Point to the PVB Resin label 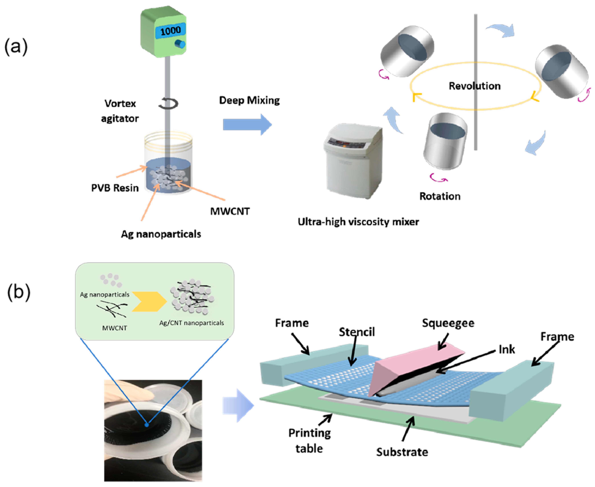point(115,188)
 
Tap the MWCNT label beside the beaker point(230,211)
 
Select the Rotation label point(440,196)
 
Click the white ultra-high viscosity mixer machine point(353,160)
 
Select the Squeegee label point(448,323)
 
